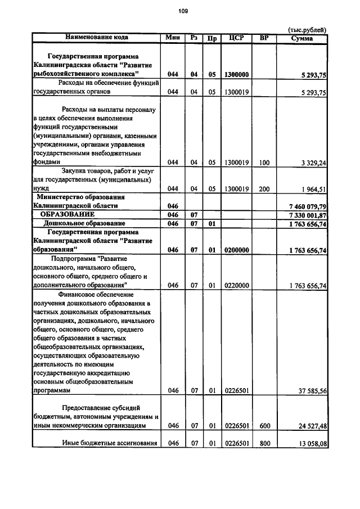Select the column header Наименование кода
97,38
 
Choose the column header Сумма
302,38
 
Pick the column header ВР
264,38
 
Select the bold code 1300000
237,74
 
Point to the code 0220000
237,286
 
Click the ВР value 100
264,163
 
